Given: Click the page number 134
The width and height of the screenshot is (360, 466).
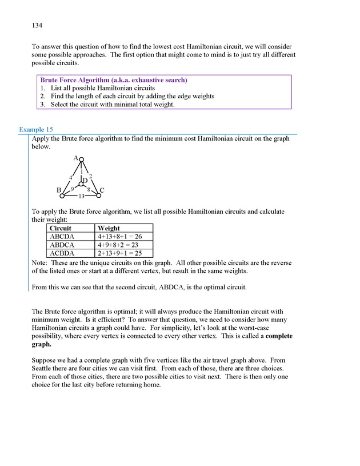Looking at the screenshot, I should point(38,26).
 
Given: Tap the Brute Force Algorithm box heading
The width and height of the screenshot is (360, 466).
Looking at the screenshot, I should point(114,80).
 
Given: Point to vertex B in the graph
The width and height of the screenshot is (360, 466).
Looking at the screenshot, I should point(62,196).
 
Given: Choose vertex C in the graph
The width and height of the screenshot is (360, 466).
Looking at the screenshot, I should point(98,196).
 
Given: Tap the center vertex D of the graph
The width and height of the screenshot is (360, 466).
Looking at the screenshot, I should point(81,184).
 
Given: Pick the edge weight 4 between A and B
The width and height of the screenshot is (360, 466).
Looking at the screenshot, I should point(70,177).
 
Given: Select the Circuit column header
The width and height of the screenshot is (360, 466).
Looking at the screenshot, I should point(61,228).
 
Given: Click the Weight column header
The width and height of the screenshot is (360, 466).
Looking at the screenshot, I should point(109,228).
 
